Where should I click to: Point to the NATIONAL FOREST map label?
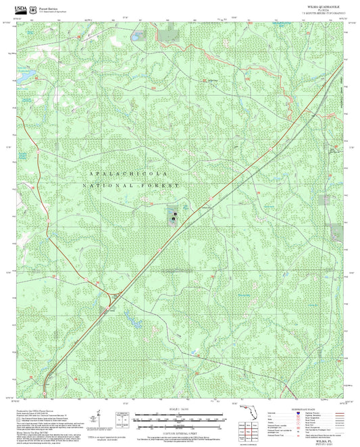point(131,184)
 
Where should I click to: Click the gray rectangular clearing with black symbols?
point(174,215)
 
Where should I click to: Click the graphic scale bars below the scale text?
point(178,417)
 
